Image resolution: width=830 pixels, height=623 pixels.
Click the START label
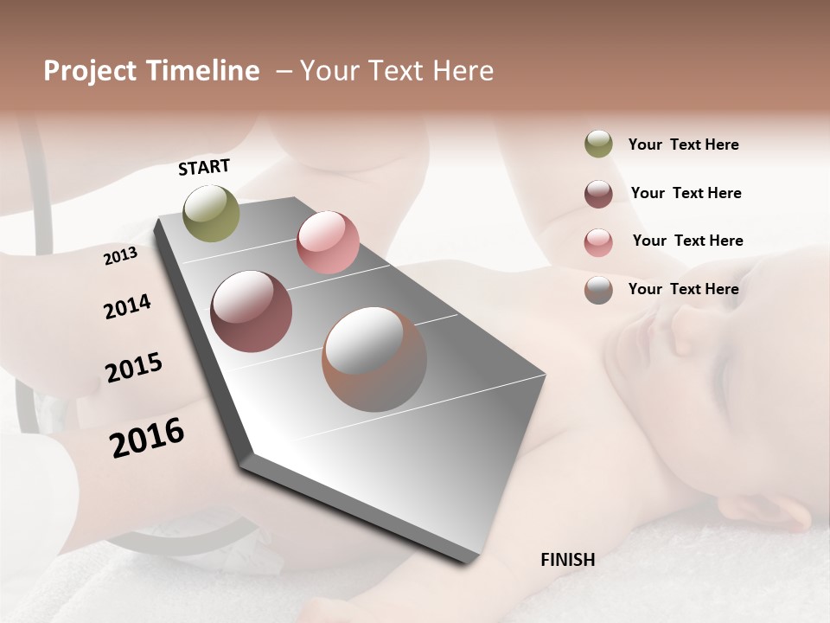(x=204, y=167)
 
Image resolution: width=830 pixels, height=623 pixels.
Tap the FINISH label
(x=567, y=560)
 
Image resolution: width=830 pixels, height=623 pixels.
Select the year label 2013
(x=120, y=256)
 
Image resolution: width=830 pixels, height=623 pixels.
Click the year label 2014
(x=127, y=307)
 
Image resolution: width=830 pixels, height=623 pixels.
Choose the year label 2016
(x=147, y=438)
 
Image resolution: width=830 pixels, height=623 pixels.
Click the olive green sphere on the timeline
(x=212, y=213)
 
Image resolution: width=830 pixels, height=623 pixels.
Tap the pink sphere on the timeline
(x=328, y=242)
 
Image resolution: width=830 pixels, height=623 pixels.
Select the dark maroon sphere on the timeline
(x=251, y=311)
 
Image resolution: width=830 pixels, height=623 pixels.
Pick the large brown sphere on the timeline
(x=374, y=359)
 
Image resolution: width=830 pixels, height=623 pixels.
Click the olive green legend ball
(x=598, y=145)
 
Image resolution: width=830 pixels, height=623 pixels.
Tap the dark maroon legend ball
(x=598, y=194)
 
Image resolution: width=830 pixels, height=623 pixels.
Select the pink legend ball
(x=598, y=242)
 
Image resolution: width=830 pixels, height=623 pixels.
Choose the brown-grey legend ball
(x=598, y=290)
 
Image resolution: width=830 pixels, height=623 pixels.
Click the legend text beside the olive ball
(x=683, y=145)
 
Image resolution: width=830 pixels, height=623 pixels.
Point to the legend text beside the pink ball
(x=687, y=241)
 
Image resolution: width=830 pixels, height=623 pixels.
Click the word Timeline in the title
(x=203, y=71)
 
